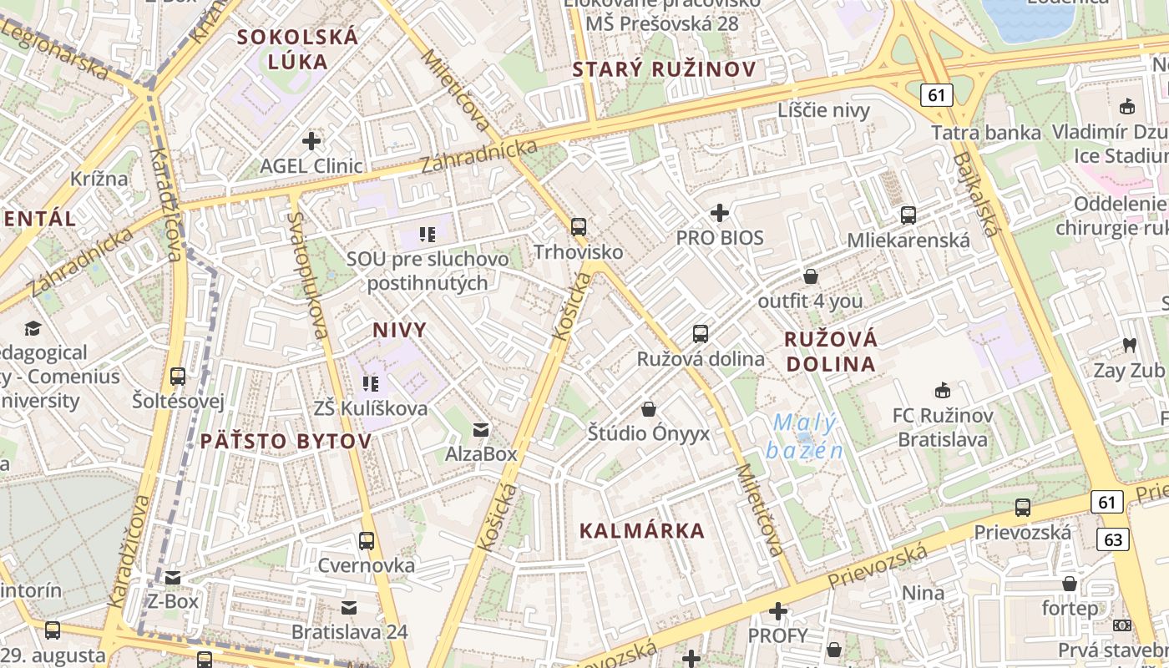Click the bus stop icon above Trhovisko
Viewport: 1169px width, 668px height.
tap(578, 226)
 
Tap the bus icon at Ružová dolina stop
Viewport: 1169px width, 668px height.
tap(701, 334)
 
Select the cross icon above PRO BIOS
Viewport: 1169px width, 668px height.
tap(720, 213)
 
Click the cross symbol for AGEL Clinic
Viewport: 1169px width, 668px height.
tap(311, 140)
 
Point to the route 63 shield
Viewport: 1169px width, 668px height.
tap(1114, 539)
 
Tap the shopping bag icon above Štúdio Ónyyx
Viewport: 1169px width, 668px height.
tap(649, 409)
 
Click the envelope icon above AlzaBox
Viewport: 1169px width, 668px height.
tap(481, 430)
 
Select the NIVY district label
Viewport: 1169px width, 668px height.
tap(400, 330)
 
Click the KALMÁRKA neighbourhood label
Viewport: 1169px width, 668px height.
tap(642, 530)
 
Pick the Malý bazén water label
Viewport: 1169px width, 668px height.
tap(803, 437)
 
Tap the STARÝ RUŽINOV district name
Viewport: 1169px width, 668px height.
tap(665, 69)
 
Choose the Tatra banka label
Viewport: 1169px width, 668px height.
tap(986, 133)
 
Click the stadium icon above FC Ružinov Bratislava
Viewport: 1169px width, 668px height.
tap(943, 390)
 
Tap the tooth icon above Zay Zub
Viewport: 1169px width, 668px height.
tap(1130, 345)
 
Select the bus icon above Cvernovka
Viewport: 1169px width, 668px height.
tap(367, 540)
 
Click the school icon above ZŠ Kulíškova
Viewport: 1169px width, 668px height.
tap(371, 383)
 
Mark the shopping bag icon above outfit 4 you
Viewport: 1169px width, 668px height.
tap(810, 276)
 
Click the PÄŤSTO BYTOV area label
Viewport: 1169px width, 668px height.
tap(286, 441)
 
